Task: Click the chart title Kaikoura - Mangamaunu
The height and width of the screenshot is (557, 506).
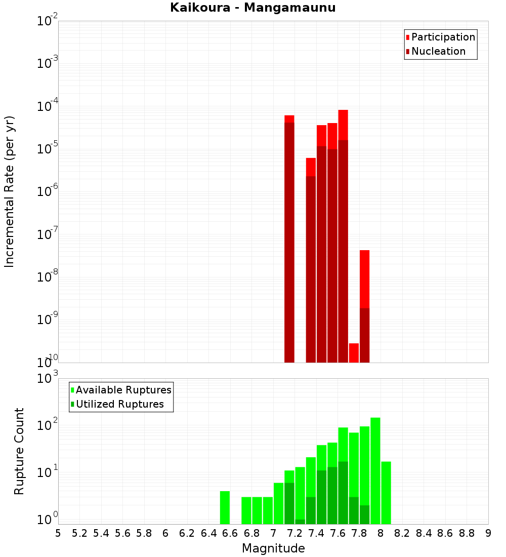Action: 252,8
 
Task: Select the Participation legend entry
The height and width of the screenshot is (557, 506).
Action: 443,37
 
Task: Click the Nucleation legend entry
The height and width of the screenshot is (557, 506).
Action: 438,51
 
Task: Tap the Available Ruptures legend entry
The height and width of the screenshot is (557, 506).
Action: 123,390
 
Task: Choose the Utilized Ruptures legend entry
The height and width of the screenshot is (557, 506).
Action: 119,404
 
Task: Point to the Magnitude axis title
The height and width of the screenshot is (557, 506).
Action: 273,548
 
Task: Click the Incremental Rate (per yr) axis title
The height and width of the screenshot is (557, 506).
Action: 10,191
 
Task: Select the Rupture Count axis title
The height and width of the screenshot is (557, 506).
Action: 19,451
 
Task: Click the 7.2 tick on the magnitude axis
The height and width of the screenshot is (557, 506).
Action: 294,533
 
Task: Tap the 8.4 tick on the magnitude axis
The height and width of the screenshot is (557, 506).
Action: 424,533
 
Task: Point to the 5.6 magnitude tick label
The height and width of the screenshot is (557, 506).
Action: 122,533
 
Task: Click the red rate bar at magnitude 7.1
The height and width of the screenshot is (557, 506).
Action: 289,238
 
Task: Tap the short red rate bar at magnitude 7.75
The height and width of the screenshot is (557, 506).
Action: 354,353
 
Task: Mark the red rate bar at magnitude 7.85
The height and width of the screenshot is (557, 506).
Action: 364,304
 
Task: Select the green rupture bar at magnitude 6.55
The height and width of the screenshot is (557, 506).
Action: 225,507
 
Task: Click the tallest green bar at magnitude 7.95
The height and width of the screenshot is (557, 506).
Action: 375,471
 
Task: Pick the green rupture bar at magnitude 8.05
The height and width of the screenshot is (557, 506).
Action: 386,493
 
